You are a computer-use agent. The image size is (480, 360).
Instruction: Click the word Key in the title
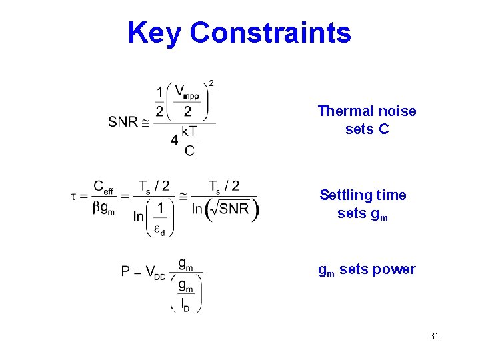(x=154, y=33)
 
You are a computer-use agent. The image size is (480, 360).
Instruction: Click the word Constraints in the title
(x=270, y=33)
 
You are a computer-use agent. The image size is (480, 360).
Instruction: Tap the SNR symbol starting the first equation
(x=123, y=122)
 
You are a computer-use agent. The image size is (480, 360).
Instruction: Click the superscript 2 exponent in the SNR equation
(x=211, y=83)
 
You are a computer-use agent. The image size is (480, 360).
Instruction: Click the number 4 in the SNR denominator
(x=174, y=141)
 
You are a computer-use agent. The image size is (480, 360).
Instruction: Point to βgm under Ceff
(x=103, y=209)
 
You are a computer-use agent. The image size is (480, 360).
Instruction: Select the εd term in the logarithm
(x=160, y=229)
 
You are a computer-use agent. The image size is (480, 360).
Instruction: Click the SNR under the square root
(x=233, y=209)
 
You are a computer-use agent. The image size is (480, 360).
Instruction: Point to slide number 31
(x=434, y=336)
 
